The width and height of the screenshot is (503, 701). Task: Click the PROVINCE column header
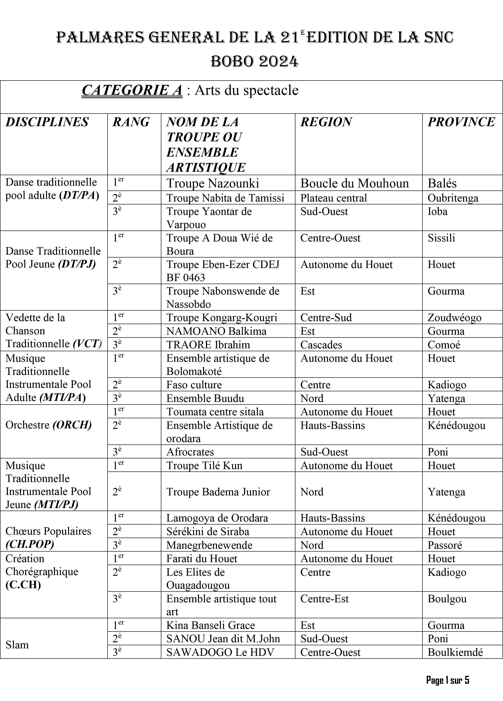[461, 122]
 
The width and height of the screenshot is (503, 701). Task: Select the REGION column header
[326, 122]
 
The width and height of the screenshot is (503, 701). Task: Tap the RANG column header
[131, 122]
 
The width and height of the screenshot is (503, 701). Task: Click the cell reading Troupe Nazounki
[213, 183]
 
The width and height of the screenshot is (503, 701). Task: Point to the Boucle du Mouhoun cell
[354, 183]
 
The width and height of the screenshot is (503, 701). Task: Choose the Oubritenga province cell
[453, 198]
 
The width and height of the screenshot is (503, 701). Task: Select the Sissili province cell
[441, 238]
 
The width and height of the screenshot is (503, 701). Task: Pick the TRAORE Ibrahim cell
[208, 345]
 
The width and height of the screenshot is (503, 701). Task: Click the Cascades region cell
[321, 345]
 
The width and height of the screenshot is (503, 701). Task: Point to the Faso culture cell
[194, 385]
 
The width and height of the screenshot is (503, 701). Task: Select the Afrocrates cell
[190, 452]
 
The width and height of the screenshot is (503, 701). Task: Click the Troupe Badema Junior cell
[218, 492]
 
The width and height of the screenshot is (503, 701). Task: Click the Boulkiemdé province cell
[455, 652]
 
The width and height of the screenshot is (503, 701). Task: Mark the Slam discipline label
[17, 645]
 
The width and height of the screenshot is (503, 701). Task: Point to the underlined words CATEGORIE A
[132, 90]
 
